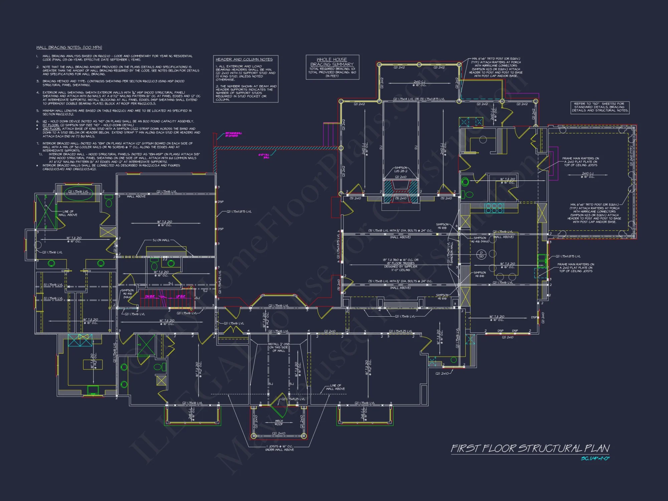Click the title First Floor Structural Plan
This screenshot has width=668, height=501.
coord(530,448)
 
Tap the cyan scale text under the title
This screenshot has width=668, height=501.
coord(595,459)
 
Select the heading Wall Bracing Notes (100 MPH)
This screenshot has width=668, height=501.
coord(69,47)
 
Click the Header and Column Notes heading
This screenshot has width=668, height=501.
coord(244,59)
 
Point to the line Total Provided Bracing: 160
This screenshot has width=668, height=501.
coord(332,72)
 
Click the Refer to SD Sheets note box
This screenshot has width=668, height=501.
coord(600,107)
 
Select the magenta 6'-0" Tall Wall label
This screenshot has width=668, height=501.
coord(264,156)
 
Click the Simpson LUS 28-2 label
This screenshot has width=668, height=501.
coord(401,169)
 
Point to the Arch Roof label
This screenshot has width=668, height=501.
coord(279,423)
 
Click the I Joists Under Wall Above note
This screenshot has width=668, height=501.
coord(280,448)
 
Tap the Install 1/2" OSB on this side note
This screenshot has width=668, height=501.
coord(279,347)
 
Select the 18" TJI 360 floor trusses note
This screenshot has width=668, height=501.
coord(400,265)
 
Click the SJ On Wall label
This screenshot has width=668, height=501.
coord(161,240)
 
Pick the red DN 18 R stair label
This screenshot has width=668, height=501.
coord(150,297)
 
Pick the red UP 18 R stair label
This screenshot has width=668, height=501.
coord(180,297)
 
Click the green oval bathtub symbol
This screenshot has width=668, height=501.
coord(78,195)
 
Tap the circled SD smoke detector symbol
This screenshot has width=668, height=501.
coord(481,255)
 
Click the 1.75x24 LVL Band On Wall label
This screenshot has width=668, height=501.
coord(450,253)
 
